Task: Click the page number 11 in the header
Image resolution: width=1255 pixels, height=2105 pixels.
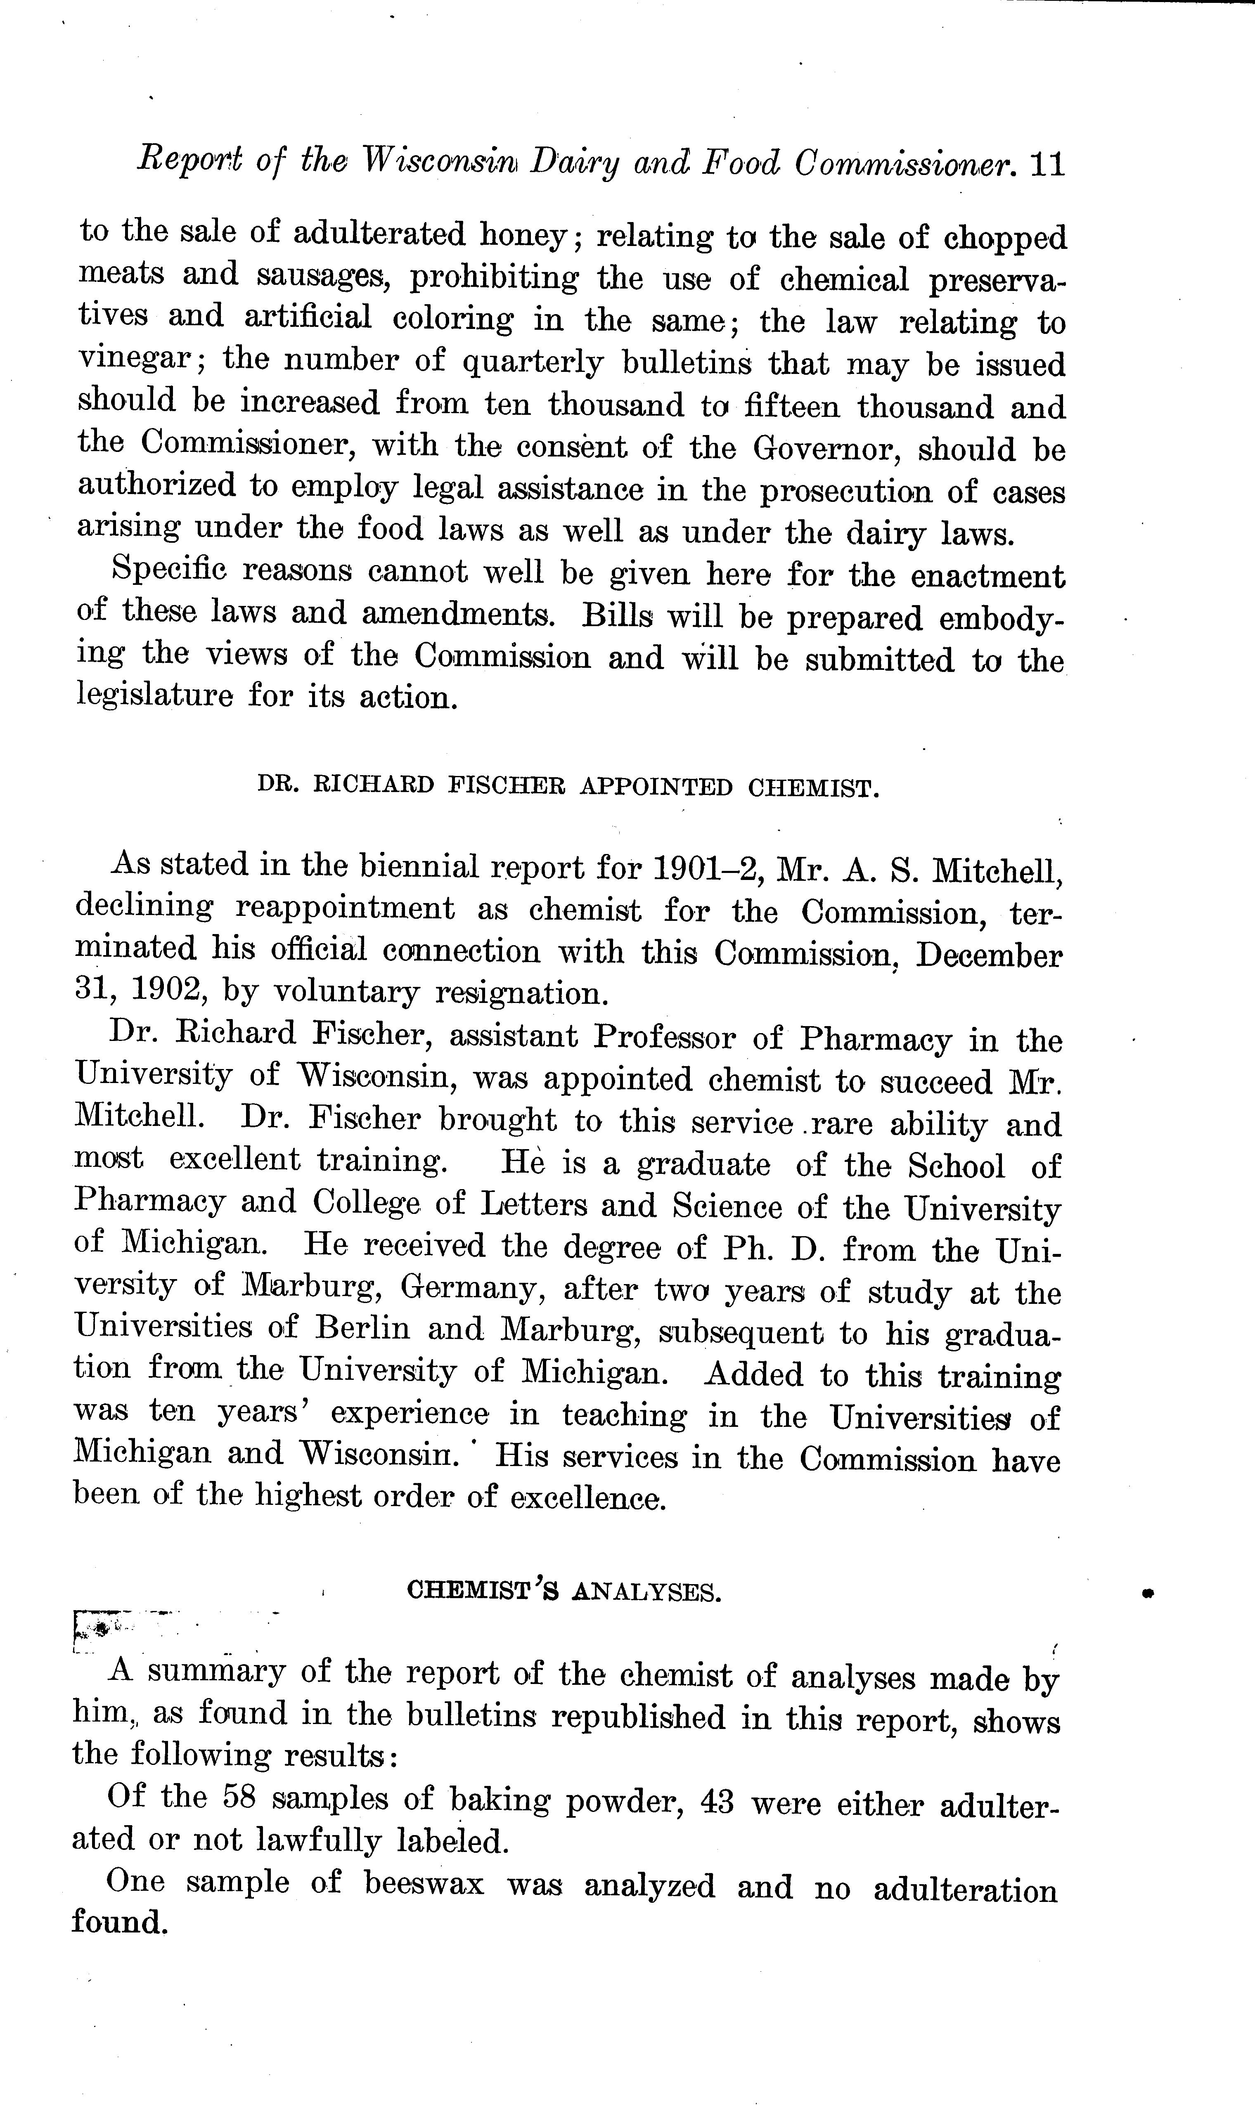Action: tap(1046, 164)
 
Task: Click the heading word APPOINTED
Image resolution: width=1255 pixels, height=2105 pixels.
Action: tap(656, 788)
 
